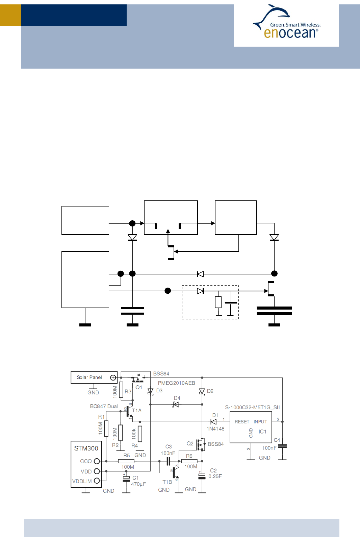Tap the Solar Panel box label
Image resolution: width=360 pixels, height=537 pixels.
point(89,377)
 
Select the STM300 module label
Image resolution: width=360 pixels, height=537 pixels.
point(86,448)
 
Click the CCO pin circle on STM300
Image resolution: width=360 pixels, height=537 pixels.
point(97,461)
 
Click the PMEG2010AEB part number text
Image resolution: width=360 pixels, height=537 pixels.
point(176,383)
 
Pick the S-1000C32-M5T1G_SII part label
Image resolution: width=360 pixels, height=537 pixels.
point(252,407)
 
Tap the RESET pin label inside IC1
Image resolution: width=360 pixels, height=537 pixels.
point(242,422)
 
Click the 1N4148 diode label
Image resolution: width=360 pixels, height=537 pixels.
point(215,429)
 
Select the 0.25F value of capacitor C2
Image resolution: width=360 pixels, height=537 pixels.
point(215,477)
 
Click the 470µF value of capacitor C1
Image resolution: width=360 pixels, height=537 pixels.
point(138,484)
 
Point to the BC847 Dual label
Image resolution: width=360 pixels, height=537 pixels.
point(104,406)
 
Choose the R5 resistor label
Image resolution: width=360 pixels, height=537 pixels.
point(127,456)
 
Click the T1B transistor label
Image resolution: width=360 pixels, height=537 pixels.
point(167,482)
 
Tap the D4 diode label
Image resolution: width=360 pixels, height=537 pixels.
point(177,398)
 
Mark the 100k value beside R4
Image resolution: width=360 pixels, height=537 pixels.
point(134,434)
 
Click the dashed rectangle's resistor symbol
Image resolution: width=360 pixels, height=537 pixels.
point(218,302)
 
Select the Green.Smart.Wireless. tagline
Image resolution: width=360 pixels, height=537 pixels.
point(295,25)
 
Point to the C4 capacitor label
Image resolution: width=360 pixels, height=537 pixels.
point(277,440)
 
